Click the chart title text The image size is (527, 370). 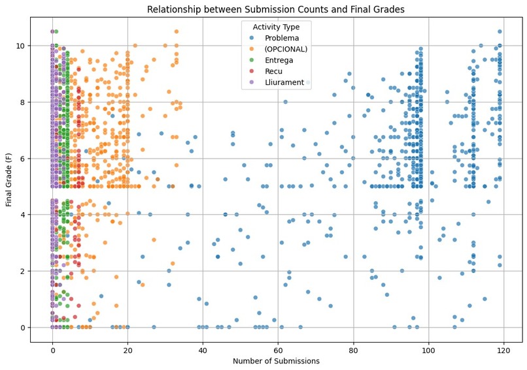[x=276, y=9]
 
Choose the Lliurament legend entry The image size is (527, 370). [x=281, y=83]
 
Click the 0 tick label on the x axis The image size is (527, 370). [x=53, y=350]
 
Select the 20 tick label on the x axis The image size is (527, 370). [x=127, y=350]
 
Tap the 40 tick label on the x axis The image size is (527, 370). [x=203, y=350]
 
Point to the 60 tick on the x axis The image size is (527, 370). [x=278, y=350]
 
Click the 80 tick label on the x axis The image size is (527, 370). [x=353, y=350]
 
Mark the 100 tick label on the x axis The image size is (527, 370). [x=428, y=350]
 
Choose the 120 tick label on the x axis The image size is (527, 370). [x=503, y=350]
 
